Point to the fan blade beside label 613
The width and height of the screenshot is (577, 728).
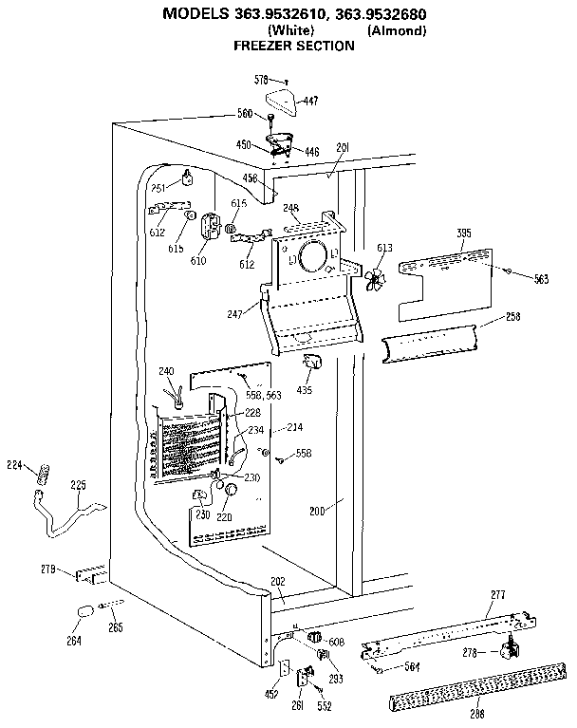tap(377, 280)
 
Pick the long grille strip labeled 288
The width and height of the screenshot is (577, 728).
tap(455, 687)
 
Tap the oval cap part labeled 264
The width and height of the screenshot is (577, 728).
tap(84, 612)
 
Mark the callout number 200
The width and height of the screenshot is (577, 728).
tap(317, 511)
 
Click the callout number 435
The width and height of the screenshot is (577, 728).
tap(306, 389)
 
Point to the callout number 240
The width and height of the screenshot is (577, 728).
tap(166, 371)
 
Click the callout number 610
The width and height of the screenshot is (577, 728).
tap(199, 260)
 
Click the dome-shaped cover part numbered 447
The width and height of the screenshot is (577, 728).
tap(283, 96)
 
